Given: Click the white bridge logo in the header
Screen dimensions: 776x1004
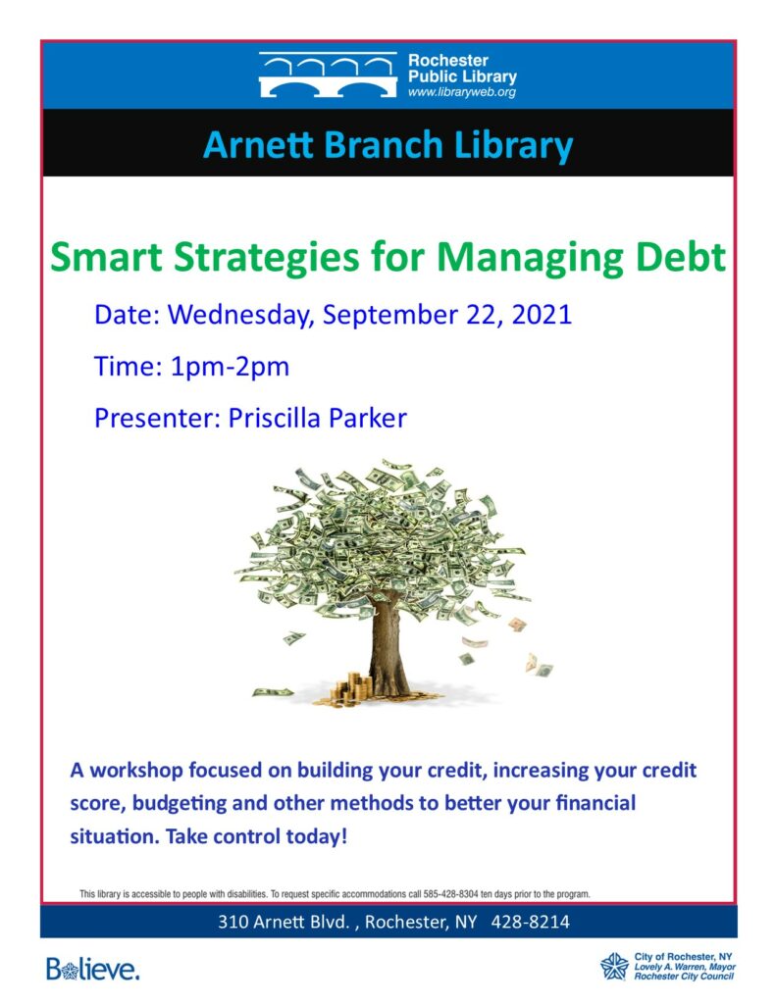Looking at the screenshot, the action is pyautogui.click(x=328, y=75).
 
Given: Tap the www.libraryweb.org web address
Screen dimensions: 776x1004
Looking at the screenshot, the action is pyautogui.click(x=461, y=92).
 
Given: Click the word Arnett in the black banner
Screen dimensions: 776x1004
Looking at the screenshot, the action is pyautogui.click(x=259, y=145).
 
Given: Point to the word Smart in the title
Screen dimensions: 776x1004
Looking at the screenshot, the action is pyautogui.click(x=106, y=257).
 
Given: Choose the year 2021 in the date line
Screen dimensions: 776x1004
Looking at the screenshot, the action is pyautogui.click(x=542, y=315).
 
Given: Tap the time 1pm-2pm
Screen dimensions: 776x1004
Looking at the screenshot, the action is pyautogui.click(x=230, y=368).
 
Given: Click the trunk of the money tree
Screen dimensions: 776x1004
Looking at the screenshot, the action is pyautogui.click(x=388, y=647).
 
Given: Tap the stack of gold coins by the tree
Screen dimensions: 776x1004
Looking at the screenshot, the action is pyautogui.click(x=351, y=689).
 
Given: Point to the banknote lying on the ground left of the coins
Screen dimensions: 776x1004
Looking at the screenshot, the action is pyautogui.click(x=273, y=691).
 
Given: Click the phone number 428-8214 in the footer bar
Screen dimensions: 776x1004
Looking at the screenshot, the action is pyautogui.click(x=530, y=922).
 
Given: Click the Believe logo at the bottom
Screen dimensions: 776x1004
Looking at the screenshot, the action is pyautogui.click(x=93, y=969).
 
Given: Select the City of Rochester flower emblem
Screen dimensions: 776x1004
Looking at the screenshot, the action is pyautogui.click(x=614, y=966).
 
